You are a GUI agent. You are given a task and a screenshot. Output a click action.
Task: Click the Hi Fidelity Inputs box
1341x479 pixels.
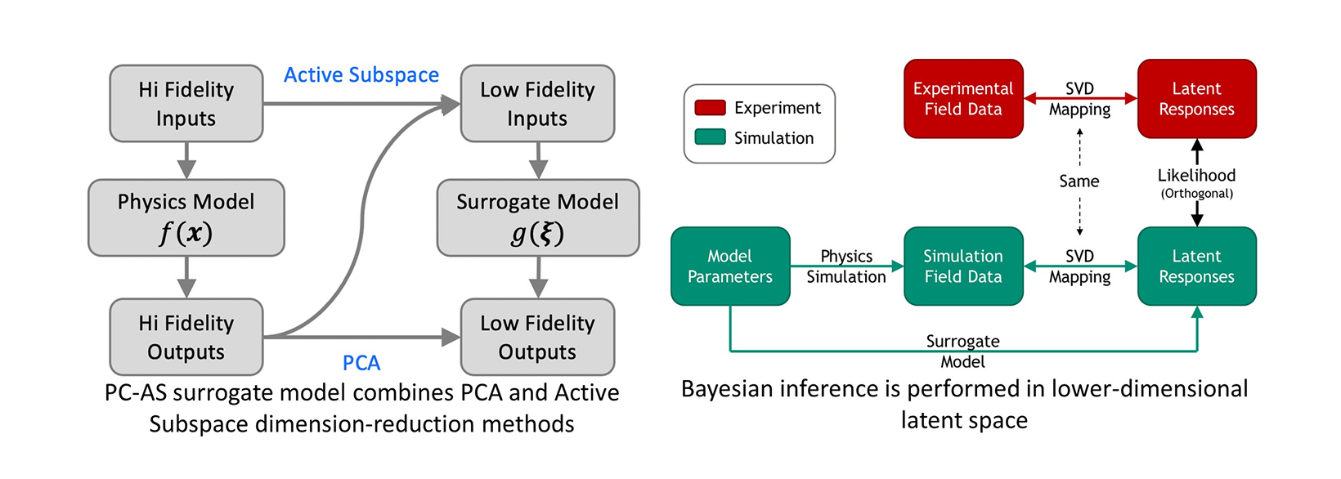coord(186,104)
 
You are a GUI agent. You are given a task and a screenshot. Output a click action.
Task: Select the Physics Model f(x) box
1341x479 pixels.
coord(186,217)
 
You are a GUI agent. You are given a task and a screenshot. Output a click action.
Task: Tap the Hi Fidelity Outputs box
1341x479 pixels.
coord(186,337)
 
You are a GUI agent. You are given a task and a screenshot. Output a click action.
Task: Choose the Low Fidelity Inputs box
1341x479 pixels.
coord(537,104)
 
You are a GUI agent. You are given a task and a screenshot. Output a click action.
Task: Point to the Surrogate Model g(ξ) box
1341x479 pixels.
coord(537,217)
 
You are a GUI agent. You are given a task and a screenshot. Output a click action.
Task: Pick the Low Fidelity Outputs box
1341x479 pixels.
coord(537,337)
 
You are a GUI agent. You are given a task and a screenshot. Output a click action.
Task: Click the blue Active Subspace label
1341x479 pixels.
coord(361,75)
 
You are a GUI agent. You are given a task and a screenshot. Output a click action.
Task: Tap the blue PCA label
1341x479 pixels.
coord(361,363)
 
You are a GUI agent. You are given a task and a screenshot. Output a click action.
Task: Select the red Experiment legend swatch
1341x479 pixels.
coord(710,108)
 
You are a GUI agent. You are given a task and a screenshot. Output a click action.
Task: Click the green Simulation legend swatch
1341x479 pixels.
coord(710,137)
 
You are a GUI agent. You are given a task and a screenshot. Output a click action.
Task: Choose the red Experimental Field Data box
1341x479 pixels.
coord(963,99)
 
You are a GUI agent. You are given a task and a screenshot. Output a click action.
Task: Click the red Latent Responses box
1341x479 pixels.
coord(1196,99)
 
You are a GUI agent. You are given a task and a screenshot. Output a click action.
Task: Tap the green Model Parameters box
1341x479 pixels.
coord(730,266)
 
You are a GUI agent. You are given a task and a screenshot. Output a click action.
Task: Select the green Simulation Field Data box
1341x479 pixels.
coord(963,266)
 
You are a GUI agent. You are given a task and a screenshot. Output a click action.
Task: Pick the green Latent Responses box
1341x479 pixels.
coord(1196,266)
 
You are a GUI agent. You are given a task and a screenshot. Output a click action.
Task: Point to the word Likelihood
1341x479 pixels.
coord(1196,176)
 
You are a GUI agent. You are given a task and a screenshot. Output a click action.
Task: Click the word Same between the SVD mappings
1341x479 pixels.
coord(1079,181)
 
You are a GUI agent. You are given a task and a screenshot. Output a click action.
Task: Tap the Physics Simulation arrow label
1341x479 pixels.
coord(846,266)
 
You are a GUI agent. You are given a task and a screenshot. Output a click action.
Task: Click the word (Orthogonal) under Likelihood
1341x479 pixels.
coord(1196,194)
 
